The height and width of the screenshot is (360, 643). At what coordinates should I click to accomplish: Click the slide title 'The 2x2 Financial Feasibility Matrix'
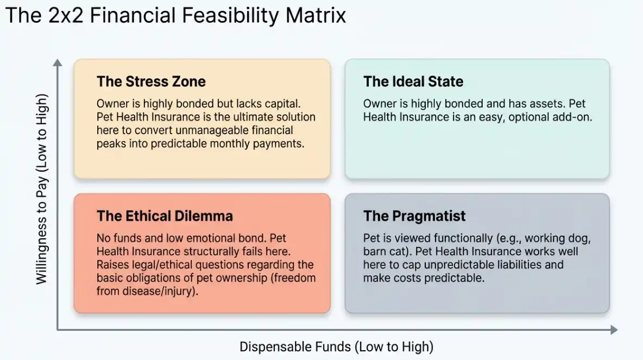tap(175, 16)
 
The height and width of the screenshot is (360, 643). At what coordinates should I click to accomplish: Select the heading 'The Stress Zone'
tap(151, 81)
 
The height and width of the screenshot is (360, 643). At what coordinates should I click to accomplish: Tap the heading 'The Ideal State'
tap(413, 81)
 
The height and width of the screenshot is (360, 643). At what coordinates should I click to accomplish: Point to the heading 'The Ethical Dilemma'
tap(165, 216)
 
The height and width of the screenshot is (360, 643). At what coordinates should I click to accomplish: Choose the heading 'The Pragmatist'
tap(414, 216)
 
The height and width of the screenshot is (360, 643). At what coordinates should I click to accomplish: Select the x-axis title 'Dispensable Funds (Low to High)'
tap(336, 346)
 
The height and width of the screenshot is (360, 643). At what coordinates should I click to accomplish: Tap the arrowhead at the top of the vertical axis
tap(58, 62)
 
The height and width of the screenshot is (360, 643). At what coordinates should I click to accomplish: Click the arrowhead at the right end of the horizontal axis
tap(614, 330)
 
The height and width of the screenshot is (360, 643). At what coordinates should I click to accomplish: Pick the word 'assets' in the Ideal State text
tap(548, 104)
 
